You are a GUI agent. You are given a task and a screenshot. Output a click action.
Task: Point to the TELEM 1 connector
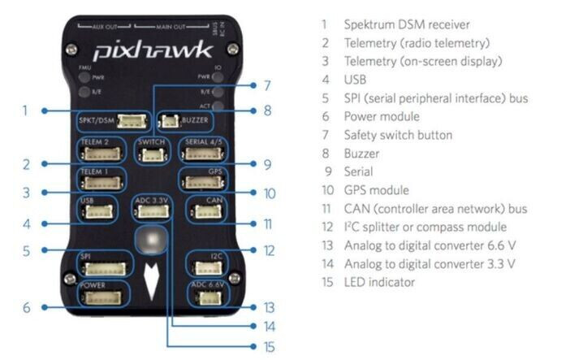[102, 183]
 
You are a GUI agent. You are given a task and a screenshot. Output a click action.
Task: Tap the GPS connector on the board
[198, 183]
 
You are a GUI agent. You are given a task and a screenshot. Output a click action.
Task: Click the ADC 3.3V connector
[150, 211]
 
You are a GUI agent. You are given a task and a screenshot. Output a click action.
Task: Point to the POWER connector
[102, 297]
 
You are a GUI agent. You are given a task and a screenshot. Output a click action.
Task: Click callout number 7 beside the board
[267, 84]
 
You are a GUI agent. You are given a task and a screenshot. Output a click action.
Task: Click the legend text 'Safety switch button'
[398, 135]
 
